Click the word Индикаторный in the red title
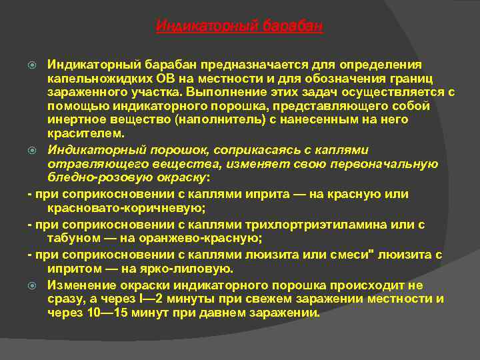pos(198,26)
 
